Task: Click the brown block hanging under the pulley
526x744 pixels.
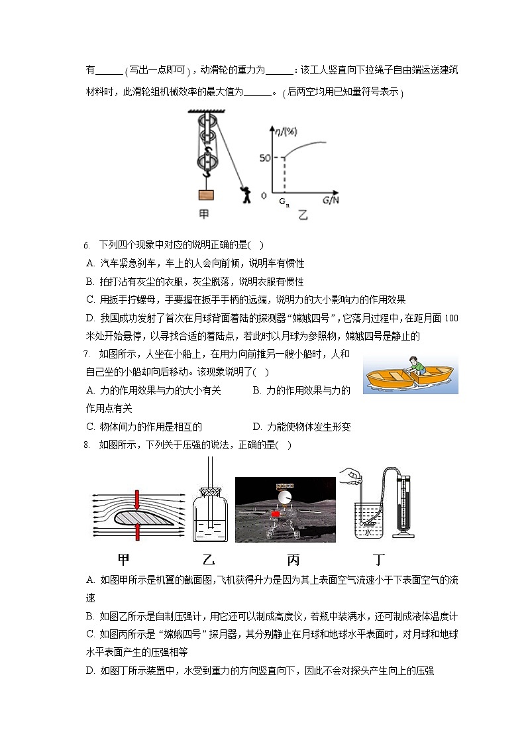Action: click(x=207, y=195)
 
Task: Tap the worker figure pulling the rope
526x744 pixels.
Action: click(x=247, y=195)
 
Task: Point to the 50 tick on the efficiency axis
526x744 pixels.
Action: click(x=266, y=158)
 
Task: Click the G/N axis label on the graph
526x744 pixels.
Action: click(x=331, y=199)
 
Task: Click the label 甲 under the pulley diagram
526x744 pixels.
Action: click(x=206, y=214)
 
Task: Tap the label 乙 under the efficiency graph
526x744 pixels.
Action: click(x=303, y=215)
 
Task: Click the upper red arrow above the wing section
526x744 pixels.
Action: click(x=136, y=500)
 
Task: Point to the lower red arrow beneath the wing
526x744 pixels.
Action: click(x=136, y=531)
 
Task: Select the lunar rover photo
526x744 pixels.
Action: click(x=285, y=509)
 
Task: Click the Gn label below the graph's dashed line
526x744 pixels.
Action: click(x=284, y=201)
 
